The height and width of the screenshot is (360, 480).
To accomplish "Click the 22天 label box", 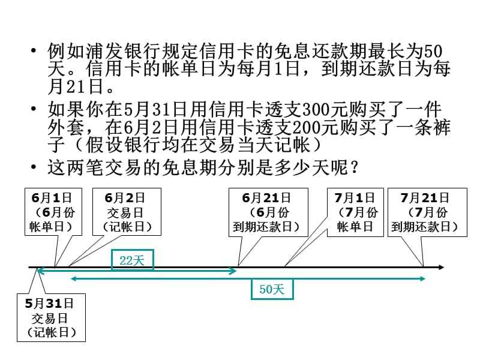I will click(x=133, y=259).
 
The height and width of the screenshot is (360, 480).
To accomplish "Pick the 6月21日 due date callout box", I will click(x=267, y=212).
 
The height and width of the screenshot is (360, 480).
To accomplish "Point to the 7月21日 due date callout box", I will click(x=425, y=212).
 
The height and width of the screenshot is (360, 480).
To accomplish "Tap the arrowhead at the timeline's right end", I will click(x=440, y=267).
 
